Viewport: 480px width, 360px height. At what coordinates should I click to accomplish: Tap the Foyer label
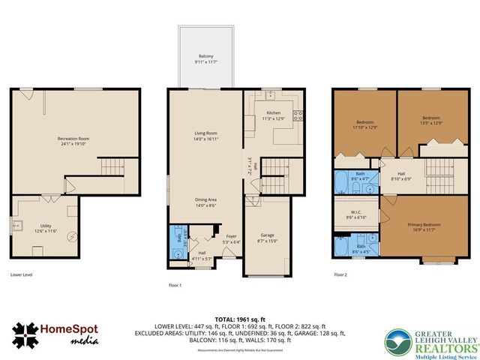click(231, 239)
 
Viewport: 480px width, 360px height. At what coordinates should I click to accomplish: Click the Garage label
click(267, 238)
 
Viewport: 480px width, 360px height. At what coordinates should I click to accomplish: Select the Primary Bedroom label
click(424, 227)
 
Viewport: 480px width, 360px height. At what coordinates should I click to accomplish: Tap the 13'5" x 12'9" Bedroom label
click(431, 120)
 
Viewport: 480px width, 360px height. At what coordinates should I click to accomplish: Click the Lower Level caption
click(21, 274)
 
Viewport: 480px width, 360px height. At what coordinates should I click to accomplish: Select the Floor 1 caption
click(175, 285)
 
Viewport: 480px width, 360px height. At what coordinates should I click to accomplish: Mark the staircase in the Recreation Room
click(113, 166)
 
